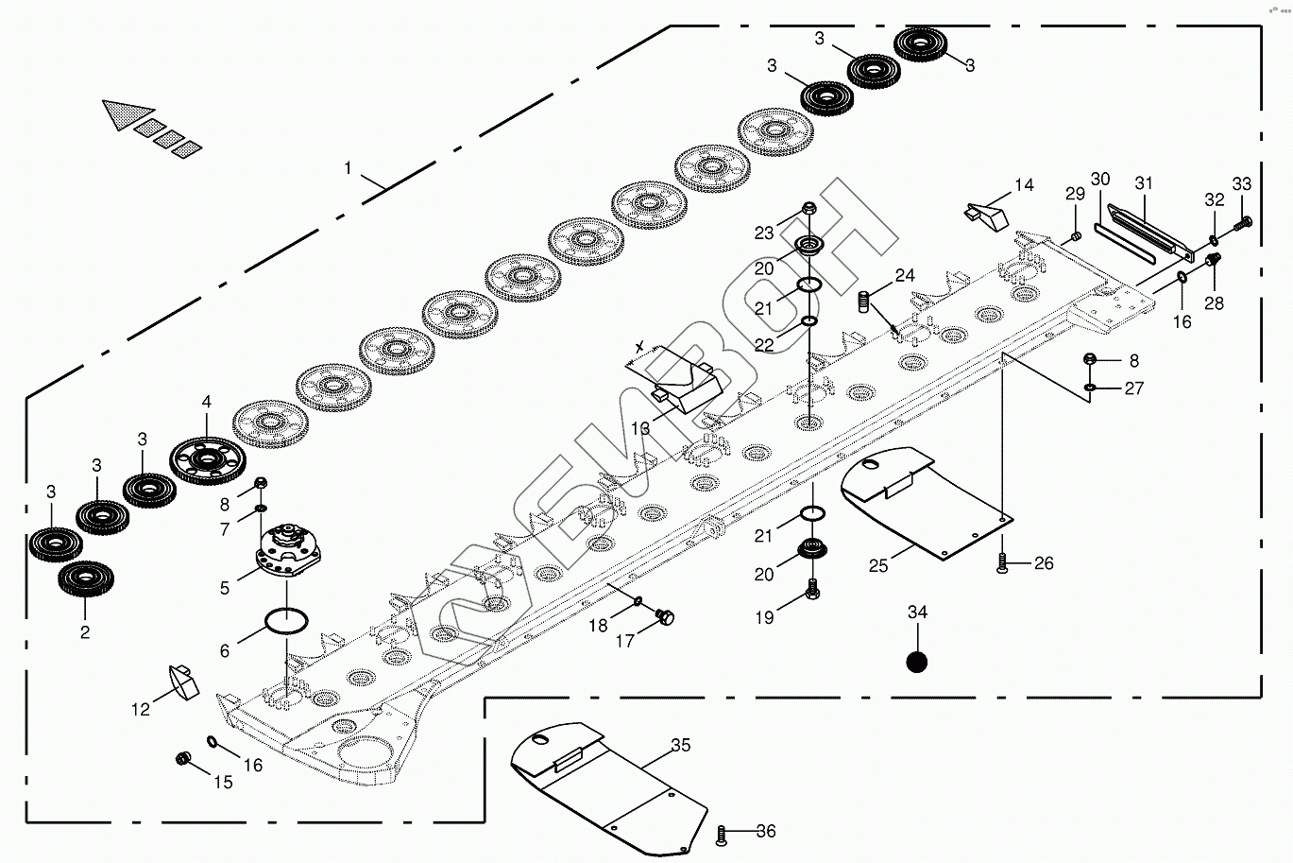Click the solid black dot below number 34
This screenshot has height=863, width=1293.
[x=916, y=662]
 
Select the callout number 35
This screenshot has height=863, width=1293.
[x=680, y=746]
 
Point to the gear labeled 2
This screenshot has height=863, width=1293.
[x=85, y=579]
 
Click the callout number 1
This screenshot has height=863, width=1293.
[x=348, y=168]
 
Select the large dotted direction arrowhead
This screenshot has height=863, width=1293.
[x=128, y=114]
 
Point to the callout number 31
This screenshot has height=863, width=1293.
[x=1144, y=182]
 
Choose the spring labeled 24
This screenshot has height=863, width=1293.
[x=862, y=303]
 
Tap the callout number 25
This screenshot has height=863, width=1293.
[x=878, y=565]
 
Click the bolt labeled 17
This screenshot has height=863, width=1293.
[x=665, y=618]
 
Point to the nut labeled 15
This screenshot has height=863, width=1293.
[x=184, y=758]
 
